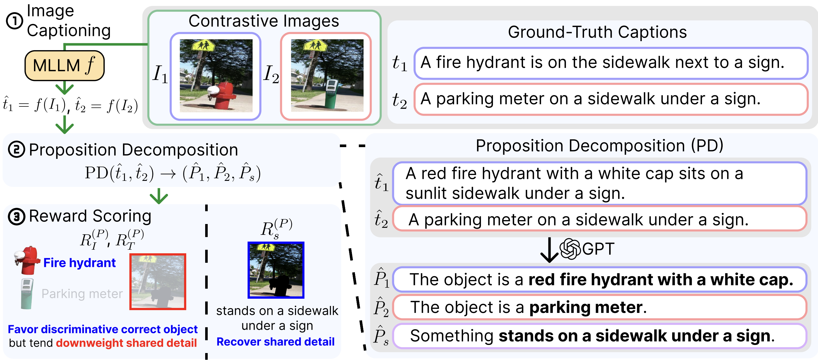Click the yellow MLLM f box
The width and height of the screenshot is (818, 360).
point(64,65)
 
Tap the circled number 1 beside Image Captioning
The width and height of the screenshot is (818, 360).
point(14,21)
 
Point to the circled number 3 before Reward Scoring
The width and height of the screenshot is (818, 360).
point(16,217)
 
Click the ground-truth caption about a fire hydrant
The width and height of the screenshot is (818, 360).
point(611,63)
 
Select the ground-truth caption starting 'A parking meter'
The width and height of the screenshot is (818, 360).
point(611,99)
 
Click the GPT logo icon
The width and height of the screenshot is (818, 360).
point(570,249)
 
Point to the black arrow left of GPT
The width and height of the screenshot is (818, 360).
point(549,250)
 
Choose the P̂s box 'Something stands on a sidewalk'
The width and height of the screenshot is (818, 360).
point(599,336)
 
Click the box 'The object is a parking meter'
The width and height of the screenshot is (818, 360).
point(599,307)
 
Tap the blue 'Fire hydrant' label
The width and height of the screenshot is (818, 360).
point(79,263)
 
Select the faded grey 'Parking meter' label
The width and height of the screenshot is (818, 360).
point(82,294)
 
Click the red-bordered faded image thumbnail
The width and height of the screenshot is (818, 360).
point(158,282)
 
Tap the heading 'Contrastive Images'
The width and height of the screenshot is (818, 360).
point(263,21)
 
